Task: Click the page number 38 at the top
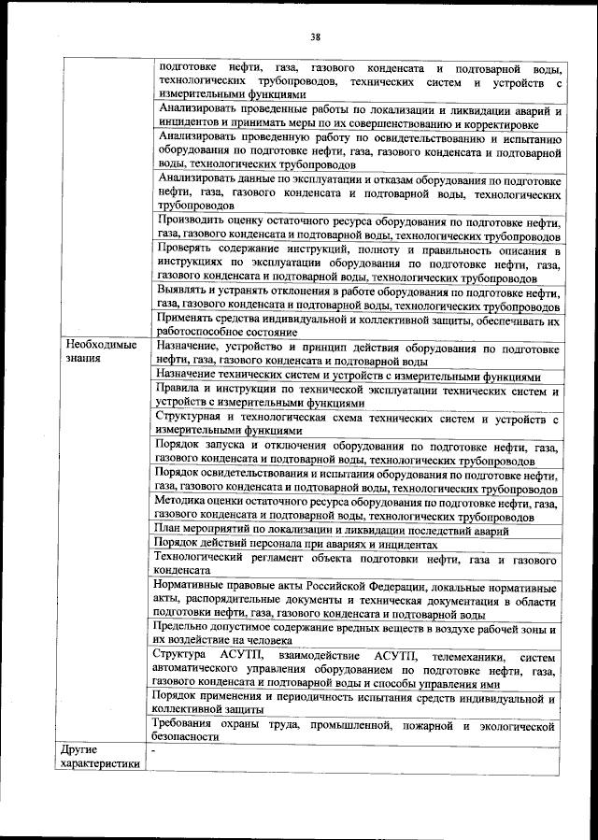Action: tap(315, 36)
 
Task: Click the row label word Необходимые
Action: tap(97, 345)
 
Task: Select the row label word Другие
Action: tap(79, 749)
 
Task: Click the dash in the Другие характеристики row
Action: tap(153, 749)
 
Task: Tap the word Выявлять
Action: tap(186, 292)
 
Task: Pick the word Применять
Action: tap(190, 320)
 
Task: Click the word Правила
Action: tap(179, 387)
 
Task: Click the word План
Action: tap(168, 530)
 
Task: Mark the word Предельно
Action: tap(185, 627)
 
